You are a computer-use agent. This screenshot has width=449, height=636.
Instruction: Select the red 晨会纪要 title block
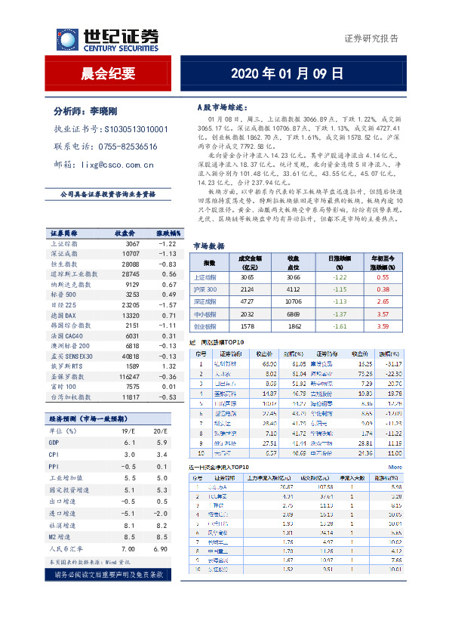point(108,74)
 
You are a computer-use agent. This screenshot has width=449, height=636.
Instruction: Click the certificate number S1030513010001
point(136,129)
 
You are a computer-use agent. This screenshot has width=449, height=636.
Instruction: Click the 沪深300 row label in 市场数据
point(206,289)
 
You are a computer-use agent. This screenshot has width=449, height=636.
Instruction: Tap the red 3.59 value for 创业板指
point(383,326)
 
